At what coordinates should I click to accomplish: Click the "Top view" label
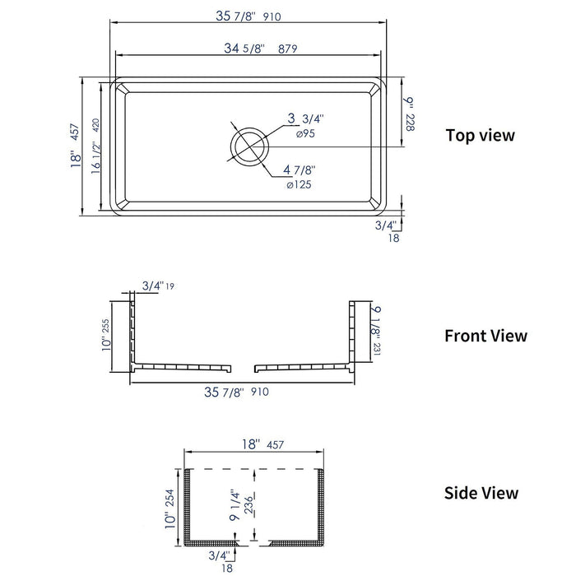[x=480, y=135]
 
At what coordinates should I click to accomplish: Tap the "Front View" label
[x=485, y=336]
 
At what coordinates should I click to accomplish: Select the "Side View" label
[x=481, y=493]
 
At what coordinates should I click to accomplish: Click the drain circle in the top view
[x=249, y=146]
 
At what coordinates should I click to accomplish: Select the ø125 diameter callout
[x=298, y=184]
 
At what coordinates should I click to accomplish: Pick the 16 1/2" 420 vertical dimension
[x=95, y=146]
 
